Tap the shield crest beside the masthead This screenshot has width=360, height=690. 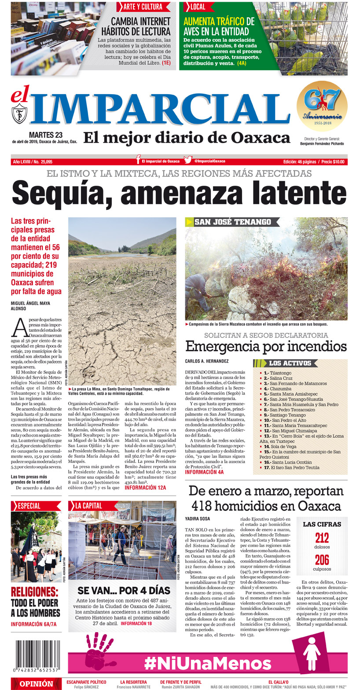point(19,113)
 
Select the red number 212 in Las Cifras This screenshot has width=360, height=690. point(322,538)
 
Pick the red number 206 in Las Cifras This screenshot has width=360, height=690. point(322,560)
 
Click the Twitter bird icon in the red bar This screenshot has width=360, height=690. point(188,161)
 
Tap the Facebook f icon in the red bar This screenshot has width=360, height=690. point(138,161)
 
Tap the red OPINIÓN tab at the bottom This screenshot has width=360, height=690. point(37,684)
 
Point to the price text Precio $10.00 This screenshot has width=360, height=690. point(333,162)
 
